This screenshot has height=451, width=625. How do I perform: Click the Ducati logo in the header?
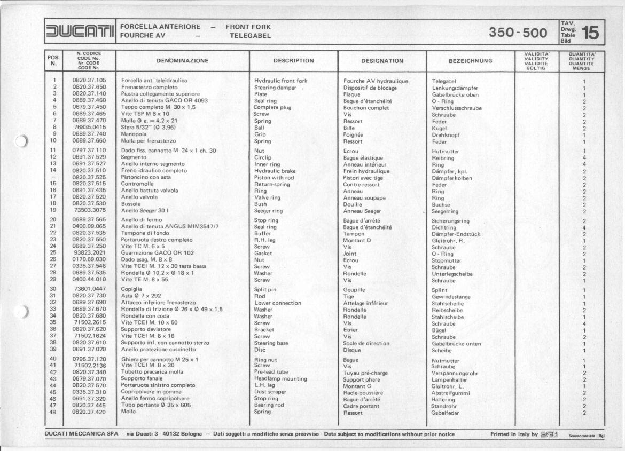click(80, 31)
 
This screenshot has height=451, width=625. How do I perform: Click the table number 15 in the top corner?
click(590, 34)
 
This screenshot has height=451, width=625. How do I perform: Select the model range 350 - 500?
click(518, 34)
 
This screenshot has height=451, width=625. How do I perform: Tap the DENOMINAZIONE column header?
click(182, 61)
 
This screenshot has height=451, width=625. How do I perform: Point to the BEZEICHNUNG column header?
click(470, 61)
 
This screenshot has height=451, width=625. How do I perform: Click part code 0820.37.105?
click(89, 81)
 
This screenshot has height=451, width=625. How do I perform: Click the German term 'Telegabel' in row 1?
click(444, 81)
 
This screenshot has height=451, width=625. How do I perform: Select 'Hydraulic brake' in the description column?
click(275, 171)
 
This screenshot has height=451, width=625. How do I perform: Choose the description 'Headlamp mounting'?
click(280, 379)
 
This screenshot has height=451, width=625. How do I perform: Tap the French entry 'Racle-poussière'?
click(364, 392)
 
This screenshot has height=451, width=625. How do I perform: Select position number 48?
click(53, 412)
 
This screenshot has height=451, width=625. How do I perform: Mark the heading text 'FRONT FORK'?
click(248, 27)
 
